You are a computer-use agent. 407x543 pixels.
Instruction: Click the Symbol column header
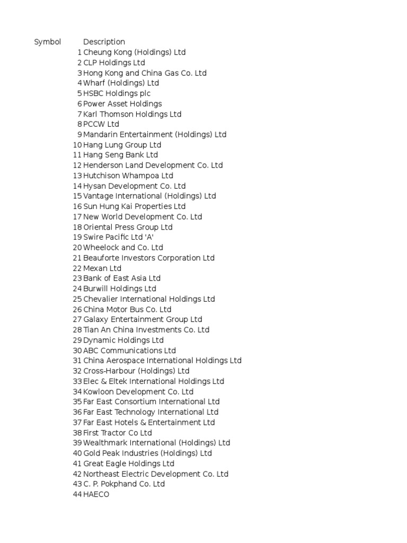[48, 42]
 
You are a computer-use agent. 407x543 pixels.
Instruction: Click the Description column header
[104, 42]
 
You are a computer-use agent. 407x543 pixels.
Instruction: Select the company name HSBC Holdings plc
[117, 93]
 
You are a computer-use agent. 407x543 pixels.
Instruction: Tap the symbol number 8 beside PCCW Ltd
[79, 124]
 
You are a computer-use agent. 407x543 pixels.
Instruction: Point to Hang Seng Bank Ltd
[120, 155]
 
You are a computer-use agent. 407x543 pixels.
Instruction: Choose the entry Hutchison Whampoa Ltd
[128, 176]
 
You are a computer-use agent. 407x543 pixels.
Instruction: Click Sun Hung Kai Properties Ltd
[134, 206]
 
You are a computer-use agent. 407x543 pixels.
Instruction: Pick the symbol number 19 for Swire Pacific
[77, 237]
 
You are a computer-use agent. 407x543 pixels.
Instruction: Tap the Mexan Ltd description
[102, 268]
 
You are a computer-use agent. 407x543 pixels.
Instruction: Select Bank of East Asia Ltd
[121, 278]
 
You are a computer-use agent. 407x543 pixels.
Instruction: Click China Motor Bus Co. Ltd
[127, 309]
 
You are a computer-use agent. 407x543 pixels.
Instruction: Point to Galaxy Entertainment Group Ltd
[143, 320]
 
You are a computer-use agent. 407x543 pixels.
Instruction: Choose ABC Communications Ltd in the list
[129, 351]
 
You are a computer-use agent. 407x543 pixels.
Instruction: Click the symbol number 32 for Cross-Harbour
[77, 371]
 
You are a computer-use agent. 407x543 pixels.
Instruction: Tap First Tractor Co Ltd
[117, 433]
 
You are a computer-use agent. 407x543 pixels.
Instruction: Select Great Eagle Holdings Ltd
[128, 463]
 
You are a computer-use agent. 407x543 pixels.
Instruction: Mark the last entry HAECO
[96, 494]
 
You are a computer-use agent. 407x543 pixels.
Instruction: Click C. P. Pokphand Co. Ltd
[124, 484]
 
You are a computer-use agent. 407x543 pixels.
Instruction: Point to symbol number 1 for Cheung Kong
[79, 52]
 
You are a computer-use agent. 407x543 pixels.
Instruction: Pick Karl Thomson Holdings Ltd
[132, 114]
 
